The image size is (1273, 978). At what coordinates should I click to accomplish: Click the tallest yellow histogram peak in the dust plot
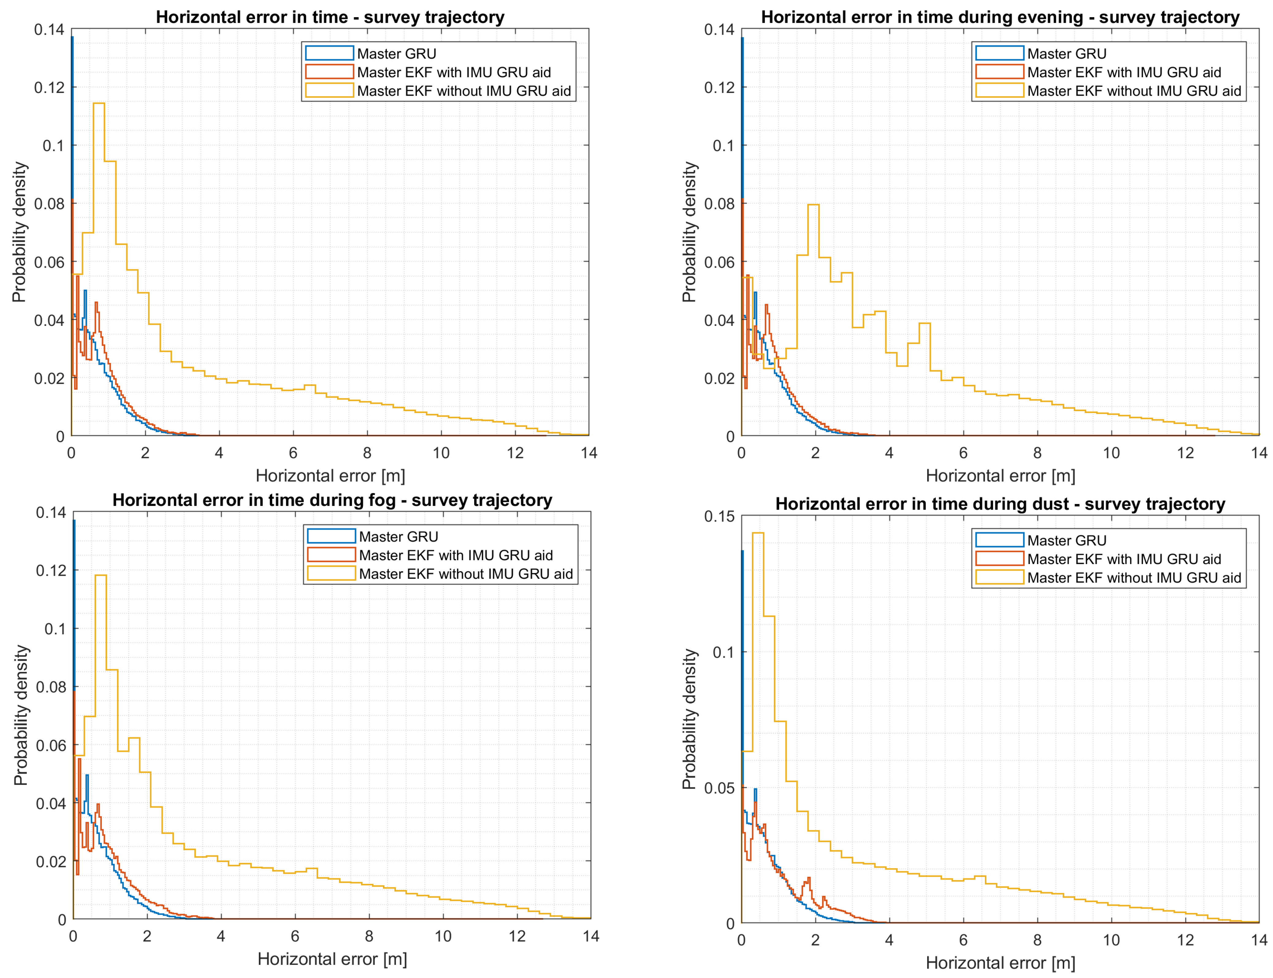pos(757,533)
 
